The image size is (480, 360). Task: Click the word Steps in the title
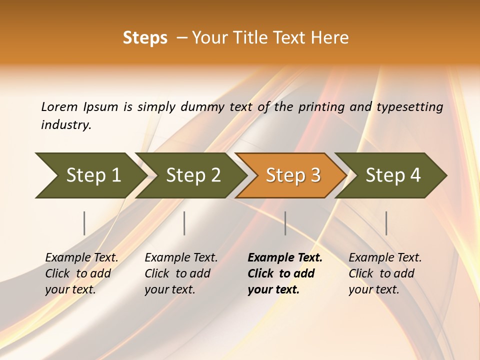[145, 38]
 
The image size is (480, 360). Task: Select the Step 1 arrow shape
[90, 175]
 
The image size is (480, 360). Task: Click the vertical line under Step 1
[84, 223]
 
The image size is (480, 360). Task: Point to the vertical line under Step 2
[184, 223]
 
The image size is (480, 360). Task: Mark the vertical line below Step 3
[285, 223]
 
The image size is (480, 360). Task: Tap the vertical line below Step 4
[386, 223]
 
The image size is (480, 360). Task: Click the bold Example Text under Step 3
[285, 258]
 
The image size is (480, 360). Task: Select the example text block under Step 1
[81, 273]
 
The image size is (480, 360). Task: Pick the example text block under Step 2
[181, 273]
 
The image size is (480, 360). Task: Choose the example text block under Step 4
[385, 273]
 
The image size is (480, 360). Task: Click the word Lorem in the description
[59, 106]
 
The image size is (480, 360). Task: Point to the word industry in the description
[66, 125]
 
